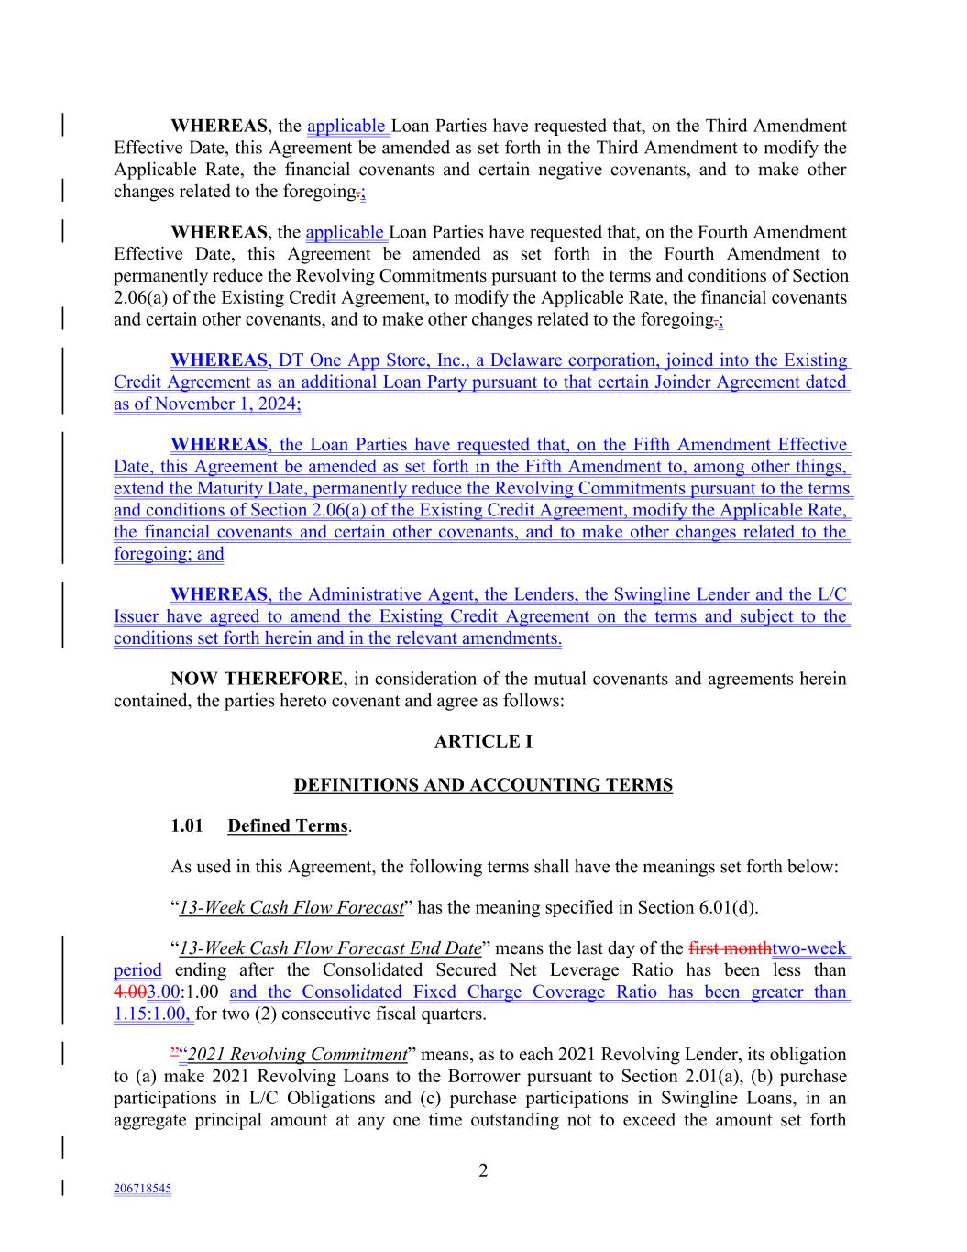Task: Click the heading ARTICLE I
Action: tap(483, 741)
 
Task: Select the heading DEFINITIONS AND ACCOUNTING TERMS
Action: tap(483, 785)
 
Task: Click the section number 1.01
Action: tap(186, 825)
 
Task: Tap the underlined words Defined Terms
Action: tap(288, 825)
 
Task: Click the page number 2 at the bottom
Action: tap(483, 1170)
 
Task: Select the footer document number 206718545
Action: tap(142, 1189)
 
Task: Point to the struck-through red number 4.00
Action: tap(130, 992)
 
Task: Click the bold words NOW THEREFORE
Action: tap(257, 680)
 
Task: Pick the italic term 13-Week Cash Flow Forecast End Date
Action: tap(330, 948)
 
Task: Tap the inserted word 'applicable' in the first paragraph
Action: tap(346, 127)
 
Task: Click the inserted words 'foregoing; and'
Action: tap(169, 554)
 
